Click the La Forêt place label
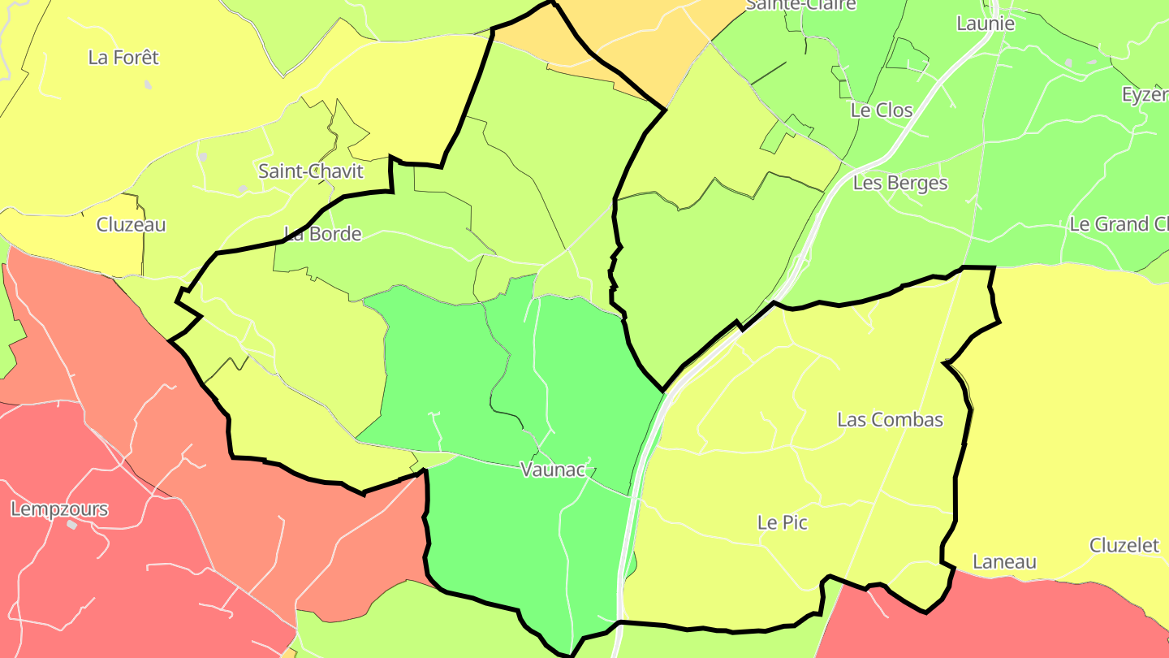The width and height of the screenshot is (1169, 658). click(123, 58)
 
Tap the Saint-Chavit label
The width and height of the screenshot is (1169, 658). click(311, 171)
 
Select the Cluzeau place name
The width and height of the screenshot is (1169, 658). click(131, 225)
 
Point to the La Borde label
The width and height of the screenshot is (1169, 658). click(323, 234)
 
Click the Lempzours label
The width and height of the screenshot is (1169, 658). click(59, 510)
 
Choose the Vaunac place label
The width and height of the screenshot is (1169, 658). click(552, 470)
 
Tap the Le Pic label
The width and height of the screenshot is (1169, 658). click(783, 523)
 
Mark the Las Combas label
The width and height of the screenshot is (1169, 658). click(890, 420)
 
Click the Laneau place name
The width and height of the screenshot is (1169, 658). click(1004, 562)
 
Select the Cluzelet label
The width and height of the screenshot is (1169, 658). click(1124, 546)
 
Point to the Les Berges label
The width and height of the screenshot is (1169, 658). click(900, 184)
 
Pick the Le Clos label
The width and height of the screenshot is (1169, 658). click(882, 110)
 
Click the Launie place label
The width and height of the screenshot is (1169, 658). click(986, 24)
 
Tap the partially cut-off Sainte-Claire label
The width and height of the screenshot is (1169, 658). click(800, 5)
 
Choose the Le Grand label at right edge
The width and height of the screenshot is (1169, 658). click(1119, 225)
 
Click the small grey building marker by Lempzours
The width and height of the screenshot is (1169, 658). click(71, 525)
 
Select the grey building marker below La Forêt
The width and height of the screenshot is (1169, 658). click(148, 84)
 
